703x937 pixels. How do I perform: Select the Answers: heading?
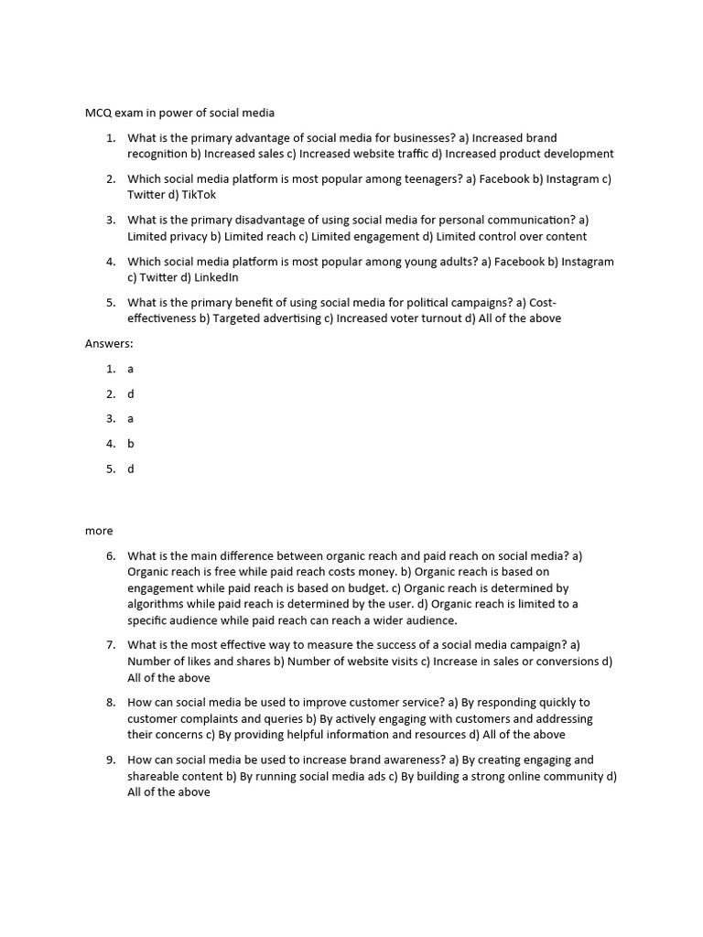(109, 344)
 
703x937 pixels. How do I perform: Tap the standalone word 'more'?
(99, 531)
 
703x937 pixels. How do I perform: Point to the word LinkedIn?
(216, 277)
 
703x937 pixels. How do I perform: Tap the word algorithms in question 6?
(156, 604)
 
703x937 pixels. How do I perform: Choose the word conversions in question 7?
(565, 662)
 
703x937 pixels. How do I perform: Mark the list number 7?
(110, 646)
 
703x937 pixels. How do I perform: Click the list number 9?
(110, 759)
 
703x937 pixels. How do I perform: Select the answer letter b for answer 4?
(131, 444)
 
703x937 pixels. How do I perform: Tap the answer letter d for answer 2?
(131, 394)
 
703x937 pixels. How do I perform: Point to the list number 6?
(110, 556)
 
